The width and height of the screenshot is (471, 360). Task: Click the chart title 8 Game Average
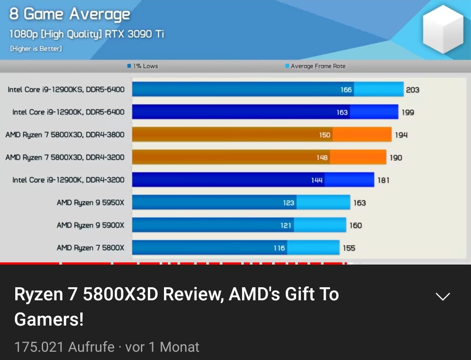click(x=70, y=14)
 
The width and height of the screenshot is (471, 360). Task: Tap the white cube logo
click(x=443, y=29)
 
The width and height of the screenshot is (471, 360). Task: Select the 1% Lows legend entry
click(x=143, y=66)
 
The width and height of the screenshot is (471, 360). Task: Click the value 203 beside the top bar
click(x=412, y=90)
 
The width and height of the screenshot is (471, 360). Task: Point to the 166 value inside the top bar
click(x=346, y=90)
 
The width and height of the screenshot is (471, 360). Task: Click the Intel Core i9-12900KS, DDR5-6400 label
click(x=66, y=89)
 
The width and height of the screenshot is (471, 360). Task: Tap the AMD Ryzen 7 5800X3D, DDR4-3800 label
click(x=65, y=135)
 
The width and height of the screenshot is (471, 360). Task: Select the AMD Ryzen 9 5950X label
click(x=90, y=203)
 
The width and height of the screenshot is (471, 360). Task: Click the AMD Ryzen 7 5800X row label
click(x=90, y=248)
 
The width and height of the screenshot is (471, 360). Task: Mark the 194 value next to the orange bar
click(x=401, y=135)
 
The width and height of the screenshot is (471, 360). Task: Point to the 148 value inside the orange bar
click(x=322, y=158)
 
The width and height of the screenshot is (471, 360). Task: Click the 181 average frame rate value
click(x=383, y=180)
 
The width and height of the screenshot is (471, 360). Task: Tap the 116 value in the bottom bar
click(x=279, y=248)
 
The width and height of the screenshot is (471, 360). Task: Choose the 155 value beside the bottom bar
click(x=349, y=248)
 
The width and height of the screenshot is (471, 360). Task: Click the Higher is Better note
click(x=36, y=49)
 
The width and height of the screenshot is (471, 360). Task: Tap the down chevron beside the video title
click(x=443, y=297)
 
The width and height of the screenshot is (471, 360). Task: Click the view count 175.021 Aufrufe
click(x=65, y=347)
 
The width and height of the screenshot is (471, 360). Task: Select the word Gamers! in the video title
click(x=49, y=320)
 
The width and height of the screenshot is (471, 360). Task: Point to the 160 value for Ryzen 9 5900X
click(x=355, y=225)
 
